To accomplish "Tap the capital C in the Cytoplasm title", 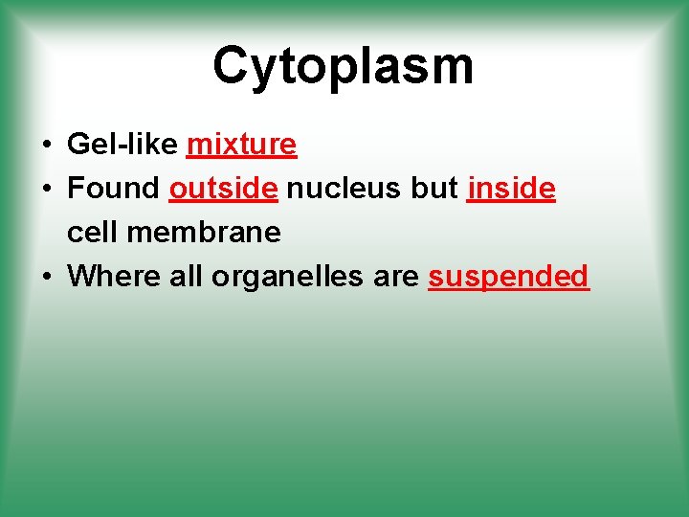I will [x=232, y=65].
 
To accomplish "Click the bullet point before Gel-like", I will [x=46, y=146].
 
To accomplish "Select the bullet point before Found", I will [x=46, y=190].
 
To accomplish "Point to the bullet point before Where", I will [x=46, y=278].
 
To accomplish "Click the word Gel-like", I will [x=122, y=145].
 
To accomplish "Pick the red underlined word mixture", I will [x=242, y=145].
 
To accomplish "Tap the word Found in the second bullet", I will [x=114, y=189].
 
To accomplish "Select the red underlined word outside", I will [x=223, y=189].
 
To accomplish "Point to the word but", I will [x=434, y=189].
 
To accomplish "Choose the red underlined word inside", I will [x=511, y=189].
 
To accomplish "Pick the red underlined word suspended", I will [x=508, y=277].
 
